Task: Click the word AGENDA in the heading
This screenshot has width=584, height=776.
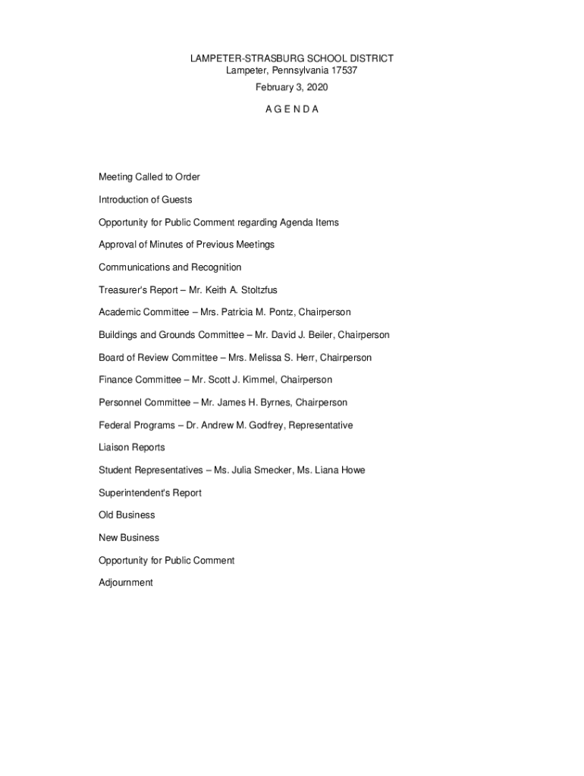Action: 292,109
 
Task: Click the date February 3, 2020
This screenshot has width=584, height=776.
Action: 292,87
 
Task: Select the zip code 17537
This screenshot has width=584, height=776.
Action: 344,70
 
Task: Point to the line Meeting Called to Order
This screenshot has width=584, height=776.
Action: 149,177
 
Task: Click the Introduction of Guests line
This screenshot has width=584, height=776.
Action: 146,200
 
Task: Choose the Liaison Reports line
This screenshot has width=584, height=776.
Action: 132,448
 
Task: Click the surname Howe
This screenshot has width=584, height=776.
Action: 353,471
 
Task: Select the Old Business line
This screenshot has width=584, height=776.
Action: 127,515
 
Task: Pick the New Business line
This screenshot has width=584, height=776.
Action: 129,538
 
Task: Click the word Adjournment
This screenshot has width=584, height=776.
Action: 126,583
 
